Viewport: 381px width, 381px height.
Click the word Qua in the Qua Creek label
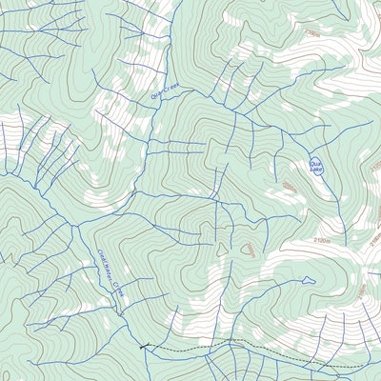click(156, 95)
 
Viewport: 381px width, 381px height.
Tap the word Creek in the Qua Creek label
click(170, 90)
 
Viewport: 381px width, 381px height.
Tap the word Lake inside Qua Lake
click(317, 170)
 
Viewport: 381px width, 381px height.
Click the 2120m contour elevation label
click(322, 242)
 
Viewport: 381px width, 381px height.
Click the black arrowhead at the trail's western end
click(144, 347)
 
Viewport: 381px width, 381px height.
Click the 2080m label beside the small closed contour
click(249, 250)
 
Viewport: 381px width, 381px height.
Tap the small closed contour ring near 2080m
click(223, 249)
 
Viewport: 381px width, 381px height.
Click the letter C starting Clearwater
click(99, 252)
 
